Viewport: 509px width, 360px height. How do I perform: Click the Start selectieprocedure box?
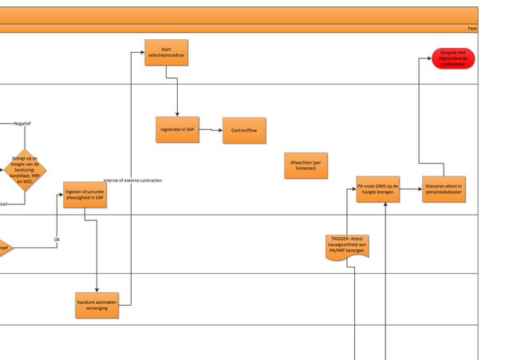pos(166,53)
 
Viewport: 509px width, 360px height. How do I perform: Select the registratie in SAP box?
pos(177,129)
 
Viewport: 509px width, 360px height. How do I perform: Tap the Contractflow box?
pos(244,130)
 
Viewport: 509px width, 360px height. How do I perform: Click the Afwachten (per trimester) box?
pos(306,165)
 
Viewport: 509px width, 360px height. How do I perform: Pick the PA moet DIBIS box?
pos(378,189)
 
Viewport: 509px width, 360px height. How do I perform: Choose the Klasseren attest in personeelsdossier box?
pos(444,189)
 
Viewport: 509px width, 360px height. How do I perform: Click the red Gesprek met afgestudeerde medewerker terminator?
pos(452,58)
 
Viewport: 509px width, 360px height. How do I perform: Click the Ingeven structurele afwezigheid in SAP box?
pos(85,195)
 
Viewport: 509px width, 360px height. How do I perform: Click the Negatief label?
pos(22,123)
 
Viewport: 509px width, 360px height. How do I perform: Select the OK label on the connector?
pos(57,239)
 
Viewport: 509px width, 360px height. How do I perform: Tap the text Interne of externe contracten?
pos(133,180)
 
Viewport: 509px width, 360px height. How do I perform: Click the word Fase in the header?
pos(472,28)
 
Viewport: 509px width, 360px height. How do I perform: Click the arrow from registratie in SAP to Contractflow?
pos(211,129)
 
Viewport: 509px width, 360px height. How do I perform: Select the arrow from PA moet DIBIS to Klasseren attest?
pos(411,189)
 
